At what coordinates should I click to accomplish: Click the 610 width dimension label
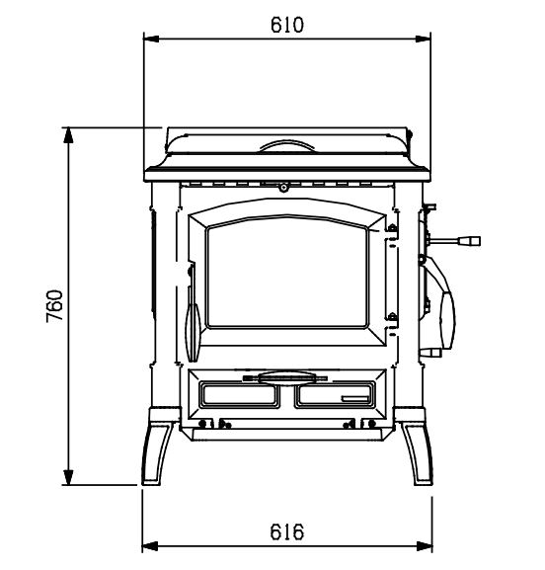pyautogui.click(x=286, y=25)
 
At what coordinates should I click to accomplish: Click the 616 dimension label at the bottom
pyautogui.click(x=286, y=531)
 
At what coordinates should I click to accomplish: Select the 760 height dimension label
pyautogui.click(x=55, y=305)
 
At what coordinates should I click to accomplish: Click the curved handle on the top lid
pyautogui.click(x=286, y=145)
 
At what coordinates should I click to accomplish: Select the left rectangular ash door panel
pyautogui.click(x=240, y=394)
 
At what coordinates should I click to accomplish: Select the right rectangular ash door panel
pyautogui.click(x=335, y=394)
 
